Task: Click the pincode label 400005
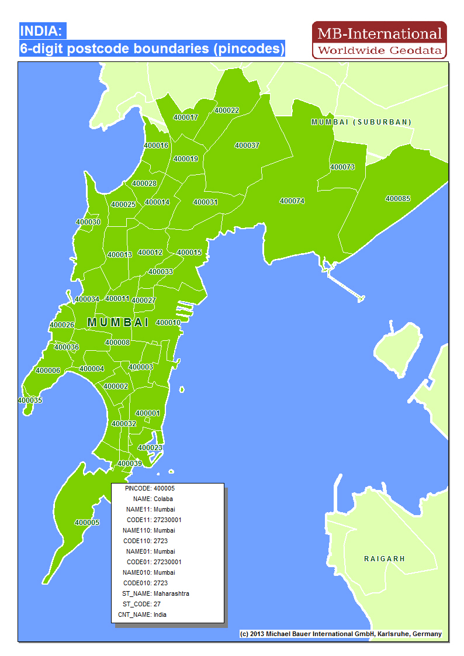tap(86, 522)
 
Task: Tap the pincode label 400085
tap(397, 199)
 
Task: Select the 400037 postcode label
tap(247, 146)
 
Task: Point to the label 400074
tap(292, 201)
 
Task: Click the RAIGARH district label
tap(385, 559)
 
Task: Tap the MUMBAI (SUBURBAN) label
tap(361, 122)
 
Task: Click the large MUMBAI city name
tap(118, 322)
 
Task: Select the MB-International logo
tap(379, 40)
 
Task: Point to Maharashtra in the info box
tap(171, 593)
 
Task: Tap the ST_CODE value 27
tap(157, 604)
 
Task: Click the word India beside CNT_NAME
tap(160, 614)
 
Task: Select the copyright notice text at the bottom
tap(341, 634)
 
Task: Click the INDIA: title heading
tap(43, 31)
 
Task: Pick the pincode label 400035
tap(30, 400)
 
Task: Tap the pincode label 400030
tap(88, 222)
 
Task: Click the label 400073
tap(342, 167)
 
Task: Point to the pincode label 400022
tap(227, 111)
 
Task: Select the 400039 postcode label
tap(130, 463)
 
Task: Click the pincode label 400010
tap(168, 322)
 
